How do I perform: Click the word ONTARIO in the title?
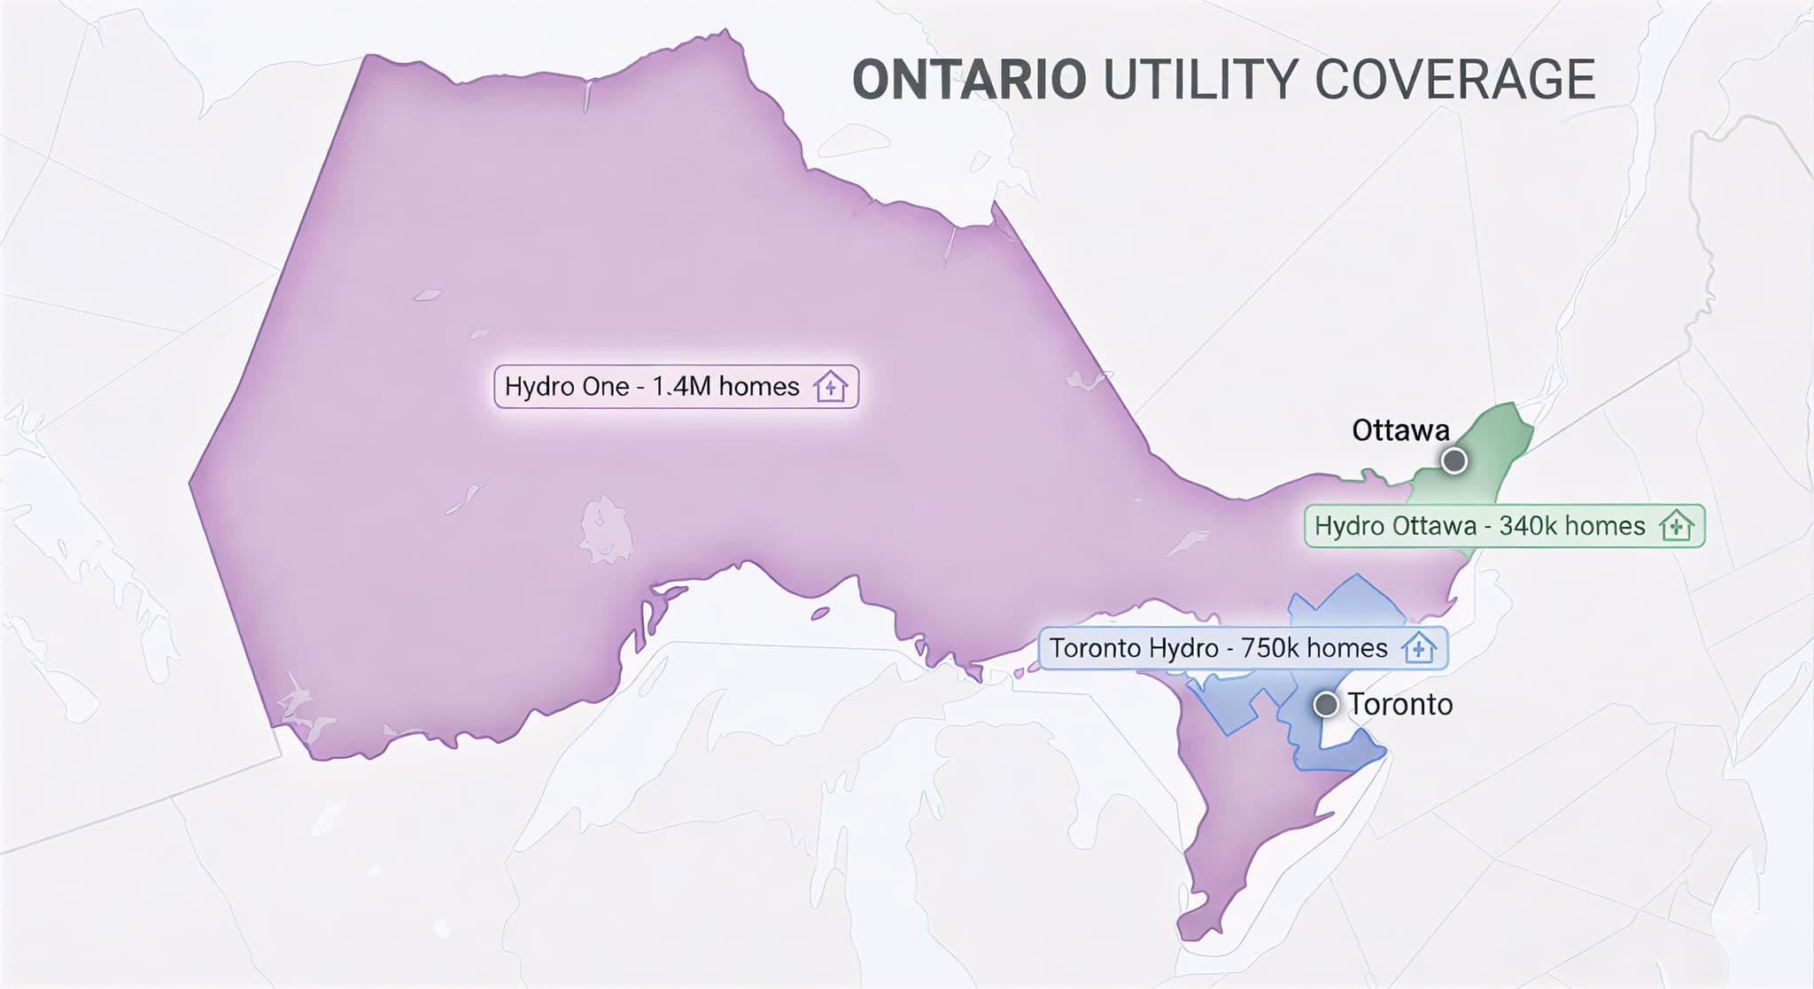point(969,80)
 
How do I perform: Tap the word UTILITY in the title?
point(1200,80)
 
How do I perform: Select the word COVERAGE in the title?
point(1454,80)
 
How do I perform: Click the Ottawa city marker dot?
point(1454,461)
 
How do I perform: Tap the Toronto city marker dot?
point(1325,705)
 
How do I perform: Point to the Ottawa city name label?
point(1400,431)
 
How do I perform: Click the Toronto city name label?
point(1400,705)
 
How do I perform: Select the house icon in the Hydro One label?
point(831,387)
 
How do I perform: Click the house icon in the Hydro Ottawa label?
point(1676,526)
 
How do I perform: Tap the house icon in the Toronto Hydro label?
point(1419,648)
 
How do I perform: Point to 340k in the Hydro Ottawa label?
point(1523,526)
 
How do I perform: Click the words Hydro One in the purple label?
point(566,387)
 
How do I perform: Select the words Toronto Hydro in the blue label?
point(1134,648)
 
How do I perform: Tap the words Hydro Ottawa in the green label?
point(1395,526)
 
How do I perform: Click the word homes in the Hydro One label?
point(759,387)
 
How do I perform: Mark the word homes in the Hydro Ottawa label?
point(1605,526)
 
